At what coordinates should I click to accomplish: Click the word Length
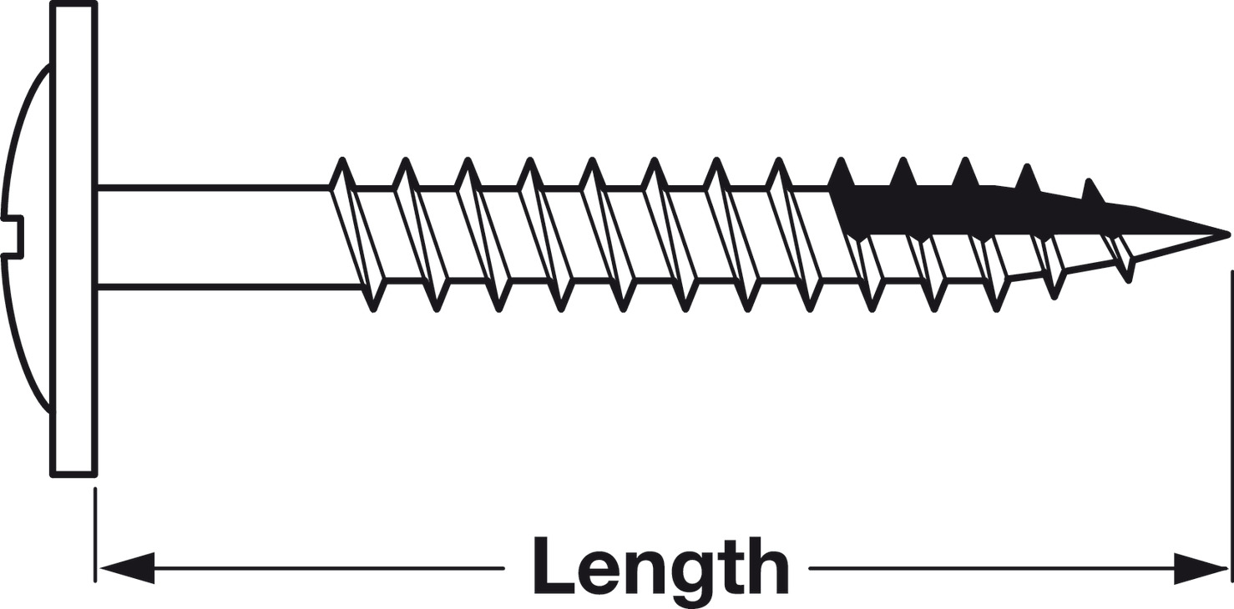point(660,566)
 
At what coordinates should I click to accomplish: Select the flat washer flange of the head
point(73,238)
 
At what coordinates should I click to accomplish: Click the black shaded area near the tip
point(918,209)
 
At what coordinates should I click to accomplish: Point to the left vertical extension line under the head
point(95,534)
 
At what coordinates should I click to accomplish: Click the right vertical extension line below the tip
point(1231,417)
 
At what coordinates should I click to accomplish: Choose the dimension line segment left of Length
point(326,568)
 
